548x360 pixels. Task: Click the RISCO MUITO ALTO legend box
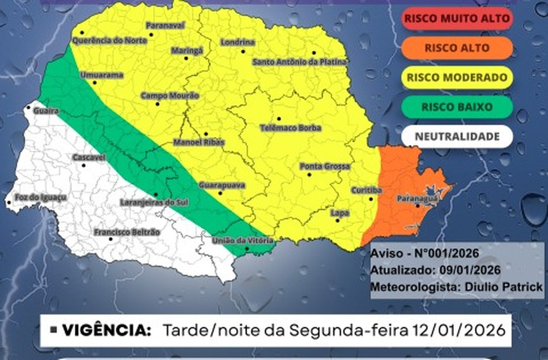[456, 18]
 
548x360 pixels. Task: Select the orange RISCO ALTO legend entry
[456, 48]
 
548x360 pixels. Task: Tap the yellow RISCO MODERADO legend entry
[456, 78]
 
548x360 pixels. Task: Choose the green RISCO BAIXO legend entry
[456, 107]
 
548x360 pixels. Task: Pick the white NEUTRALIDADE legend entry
[456, 136]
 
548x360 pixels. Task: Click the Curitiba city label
[366, 190]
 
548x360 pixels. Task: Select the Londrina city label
[238, 42]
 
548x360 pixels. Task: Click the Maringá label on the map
[187, 50]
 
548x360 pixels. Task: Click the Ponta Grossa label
[325, 166]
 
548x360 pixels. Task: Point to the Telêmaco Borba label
[291, 127]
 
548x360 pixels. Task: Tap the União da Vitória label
[243, 240]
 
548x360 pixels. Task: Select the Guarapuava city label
[222, 185]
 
